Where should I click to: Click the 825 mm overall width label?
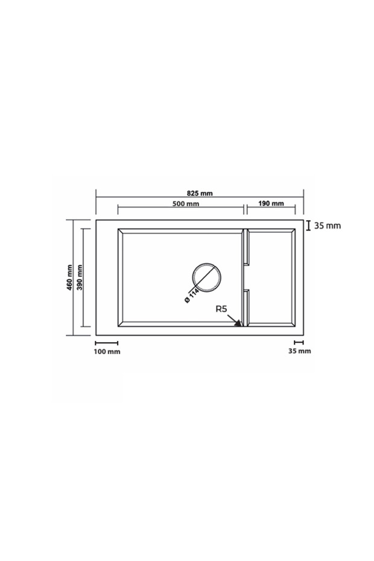click(200, 193)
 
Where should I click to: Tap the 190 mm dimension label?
click(271, 203)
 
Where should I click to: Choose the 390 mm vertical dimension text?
click(80, 277)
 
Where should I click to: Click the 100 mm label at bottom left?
click(107, 351)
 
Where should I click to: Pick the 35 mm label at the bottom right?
click(300, 351)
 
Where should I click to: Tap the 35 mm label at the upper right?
click(328, 226)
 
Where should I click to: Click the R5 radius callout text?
click(221, 309)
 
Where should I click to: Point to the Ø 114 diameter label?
click(191, 296)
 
